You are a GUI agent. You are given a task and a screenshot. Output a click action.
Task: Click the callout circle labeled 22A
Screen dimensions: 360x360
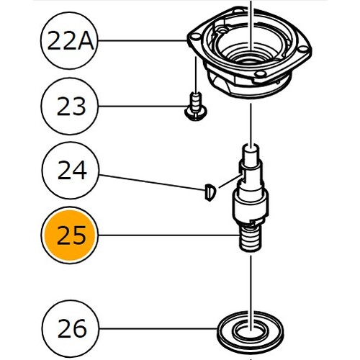coord(70,41)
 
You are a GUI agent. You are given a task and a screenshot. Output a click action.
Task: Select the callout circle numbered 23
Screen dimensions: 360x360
coord(70,106)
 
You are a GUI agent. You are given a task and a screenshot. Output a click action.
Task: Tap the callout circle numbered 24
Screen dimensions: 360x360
coord(71,171)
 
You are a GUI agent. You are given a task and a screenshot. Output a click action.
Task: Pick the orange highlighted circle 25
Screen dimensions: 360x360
coord(70,235)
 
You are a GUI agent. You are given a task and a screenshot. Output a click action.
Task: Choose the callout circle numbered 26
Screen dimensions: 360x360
coord(71,328)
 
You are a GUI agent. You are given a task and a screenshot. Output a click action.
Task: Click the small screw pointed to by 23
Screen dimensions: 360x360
coord(196,107)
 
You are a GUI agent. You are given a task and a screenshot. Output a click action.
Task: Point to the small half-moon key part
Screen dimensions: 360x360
coord(210,192)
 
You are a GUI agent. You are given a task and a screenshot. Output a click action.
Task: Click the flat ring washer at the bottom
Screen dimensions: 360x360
coord(250,329)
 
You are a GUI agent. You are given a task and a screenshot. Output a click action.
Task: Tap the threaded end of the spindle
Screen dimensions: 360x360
coord(251,239)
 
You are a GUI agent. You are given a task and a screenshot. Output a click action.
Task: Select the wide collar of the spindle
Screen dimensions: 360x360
coord(250,205)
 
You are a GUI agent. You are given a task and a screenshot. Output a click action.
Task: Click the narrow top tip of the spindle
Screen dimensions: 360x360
coord(251,153)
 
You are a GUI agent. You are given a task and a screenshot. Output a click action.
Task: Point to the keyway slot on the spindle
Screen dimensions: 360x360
coord(242,175)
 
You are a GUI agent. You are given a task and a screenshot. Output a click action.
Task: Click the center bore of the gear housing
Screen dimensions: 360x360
coord(250,58)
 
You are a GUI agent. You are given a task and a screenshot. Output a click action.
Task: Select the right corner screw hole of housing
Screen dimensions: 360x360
coord(303,50)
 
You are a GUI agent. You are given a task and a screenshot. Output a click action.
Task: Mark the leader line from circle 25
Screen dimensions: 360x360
coord(168,235)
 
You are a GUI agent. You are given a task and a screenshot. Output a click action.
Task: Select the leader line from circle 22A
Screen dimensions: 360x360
coord(143,41)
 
